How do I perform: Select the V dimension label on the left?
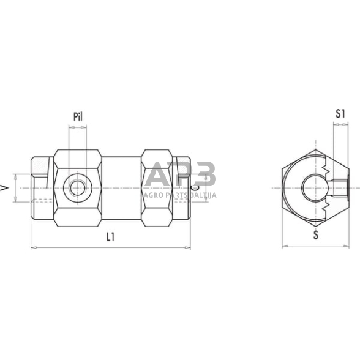6,188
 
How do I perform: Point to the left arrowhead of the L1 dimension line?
32,247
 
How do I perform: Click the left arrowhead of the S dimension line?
284,247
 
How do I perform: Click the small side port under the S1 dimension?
340,184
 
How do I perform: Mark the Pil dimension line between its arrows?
77,127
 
